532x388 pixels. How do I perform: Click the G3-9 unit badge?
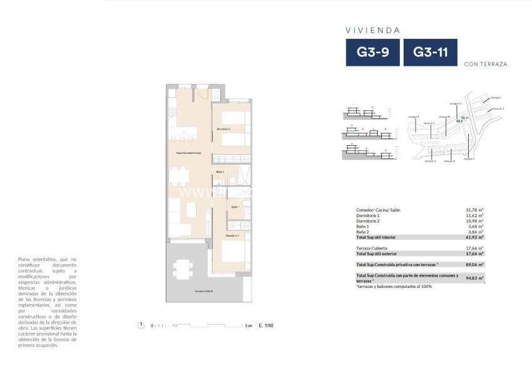coord(372,53)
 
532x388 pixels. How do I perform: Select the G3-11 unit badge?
coord(430,53)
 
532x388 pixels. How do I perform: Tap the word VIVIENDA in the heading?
coord(372,30)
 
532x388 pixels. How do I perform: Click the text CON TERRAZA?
coord(486,64)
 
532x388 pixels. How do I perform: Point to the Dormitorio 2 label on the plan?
coord(224,129)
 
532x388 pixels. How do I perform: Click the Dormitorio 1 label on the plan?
coord(233,235)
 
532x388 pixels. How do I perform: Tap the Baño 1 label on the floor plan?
coord(235,207)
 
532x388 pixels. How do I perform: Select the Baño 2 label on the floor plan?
coord(220,171)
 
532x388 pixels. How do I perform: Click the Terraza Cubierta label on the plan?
coord(204,292)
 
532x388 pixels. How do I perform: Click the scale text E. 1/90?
coord(266,325)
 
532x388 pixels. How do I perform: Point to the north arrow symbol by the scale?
coord(142,325)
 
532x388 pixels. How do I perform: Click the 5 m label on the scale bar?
coord(248,325)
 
